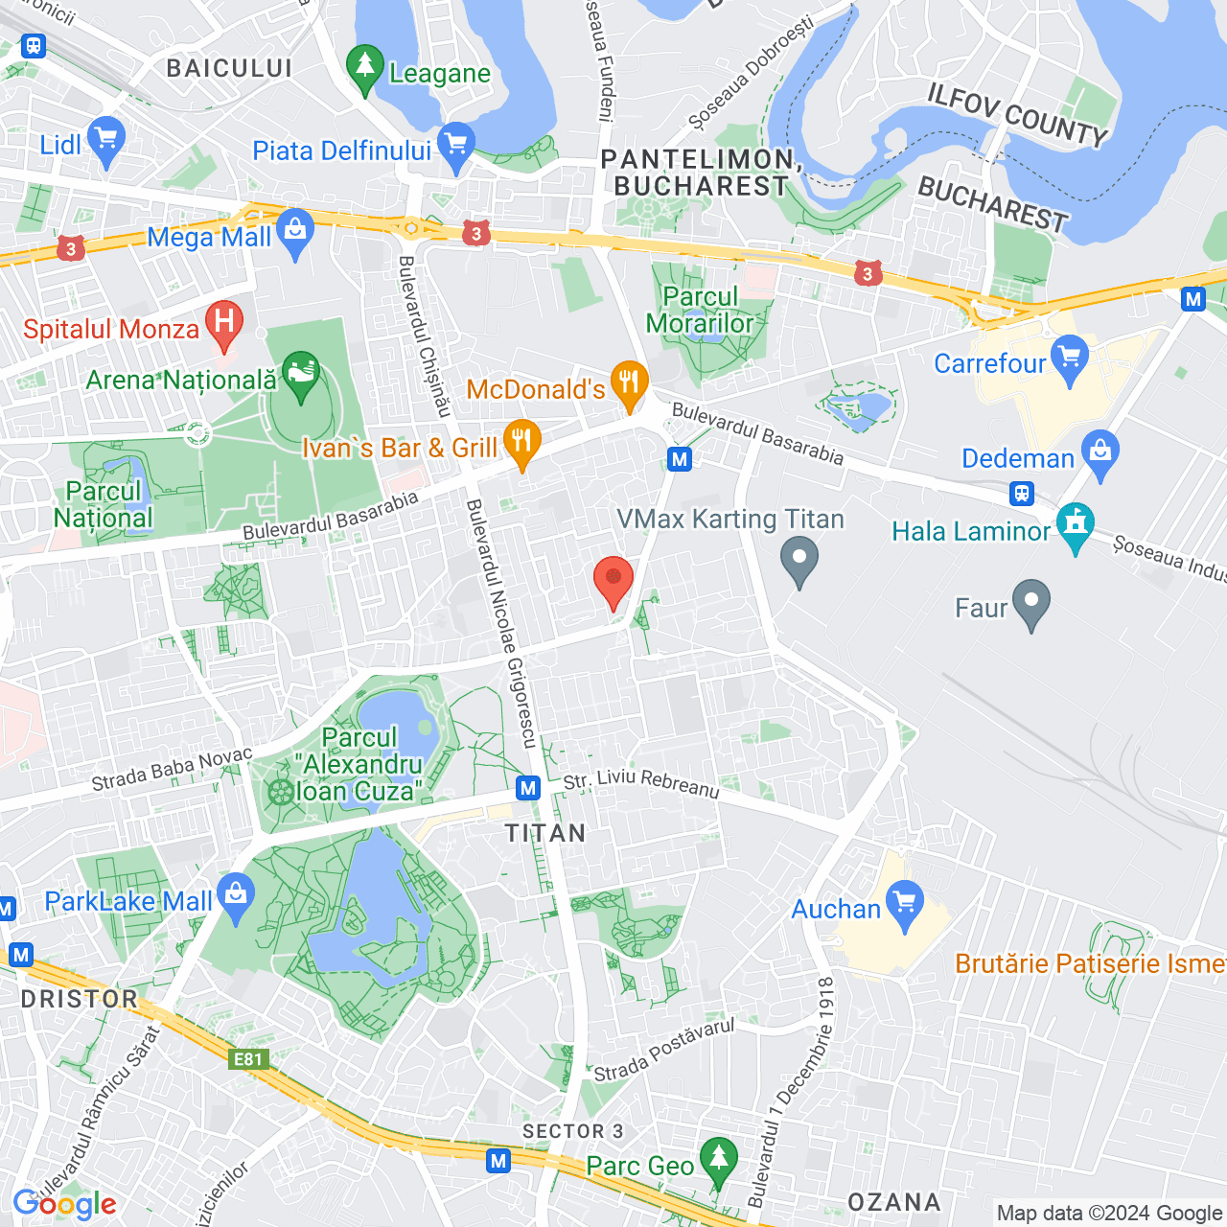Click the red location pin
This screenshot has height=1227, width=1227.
coord(613,581)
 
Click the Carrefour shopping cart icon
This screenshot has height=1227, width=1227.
coord(1070,359)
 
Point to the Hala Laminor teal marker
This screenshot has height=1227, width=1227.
coord(1076,526)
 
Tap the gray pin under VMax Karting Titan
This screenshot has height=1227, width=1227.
coord(799,560)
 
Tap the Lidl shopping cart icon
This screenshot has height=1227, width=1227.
coord(105,141)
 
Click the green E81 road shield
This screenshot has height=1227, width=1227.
coord(248,1059)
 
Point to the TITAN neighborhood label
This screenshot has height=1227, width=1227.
coord(545,833)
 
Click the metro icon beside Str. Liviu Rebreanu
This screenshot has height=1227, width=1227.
coord(528,788)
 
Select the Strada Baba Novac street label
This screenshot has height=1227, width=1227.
coord(172,769)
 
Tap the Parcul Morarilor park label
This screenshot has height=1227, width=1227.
coord(701,311)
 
